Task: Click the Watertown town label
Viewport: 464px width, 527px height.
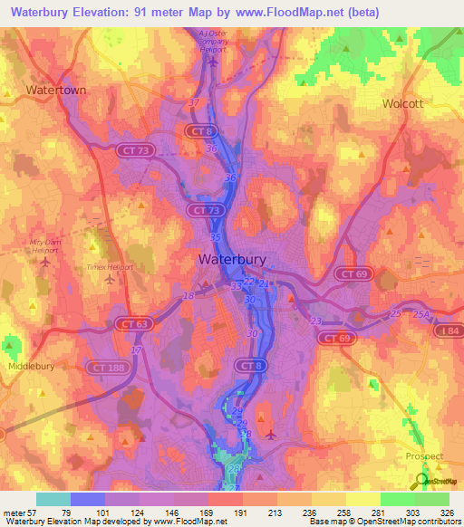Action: pyautogui.click(x=55, y=91)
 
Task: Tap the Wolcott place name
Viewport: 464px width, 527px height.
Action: pyautogui.click(x=403, y=103)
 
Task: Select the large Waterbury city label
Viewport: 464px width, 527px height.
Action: pyautogui.click(x=232, y=259)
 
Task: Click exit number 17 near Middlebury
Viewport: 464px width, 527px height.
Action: pyautogui.click(x=136, y=350)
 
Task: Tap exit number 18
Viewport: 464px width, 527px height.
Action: pyautogui.click(x=188, y=295)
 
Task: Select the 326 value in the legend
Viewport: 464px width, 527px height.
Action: pyautogui.click(x=433, y=512)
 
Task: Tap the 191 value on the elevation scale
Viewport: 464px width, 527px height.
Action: pyautogui.click(x=226, y=512)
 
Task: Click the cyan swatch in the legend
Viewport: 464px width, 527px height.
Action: pyautogui.click(x=53, y=499)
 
